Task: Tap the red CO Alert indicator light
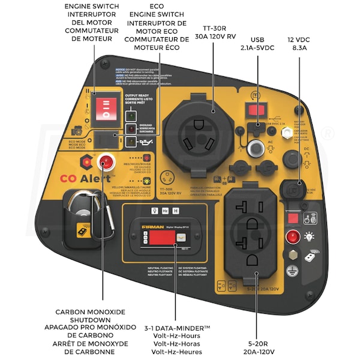(x=107, y=161)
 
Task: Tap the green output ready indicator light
(x=130, y=115)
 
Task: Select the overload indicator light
(x=130, y=128)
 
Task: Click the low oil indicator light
(x=130, y=142)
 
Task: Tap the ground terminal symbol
(x=293, y=254)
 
